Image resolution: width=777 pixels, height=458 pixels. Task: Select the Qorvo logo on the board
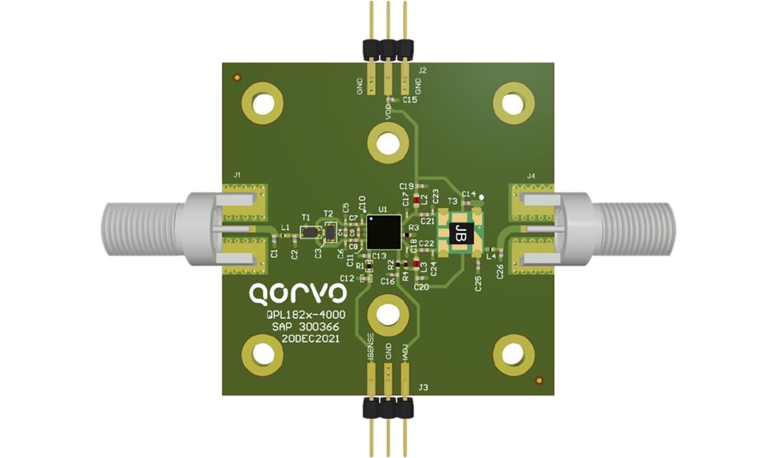(297, 293)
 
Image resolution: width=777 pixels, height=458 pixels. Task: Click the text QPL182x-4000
(301, 314)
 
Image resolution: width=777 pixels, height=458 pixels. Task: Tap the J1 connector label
(237, 175)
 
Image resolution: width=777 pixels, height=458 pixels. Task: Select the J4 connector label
(531, 175)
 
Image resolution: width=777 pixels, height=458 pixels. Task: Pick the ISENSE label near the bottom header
(370, 347)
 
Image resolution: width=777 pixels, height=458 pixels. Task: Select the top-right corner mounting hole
(512, 104)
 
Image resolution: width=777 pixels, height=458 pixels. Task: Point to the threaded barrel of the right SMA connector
(633, 229)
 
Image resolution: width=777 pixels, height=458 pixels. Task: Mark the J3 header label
(424, 388)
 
